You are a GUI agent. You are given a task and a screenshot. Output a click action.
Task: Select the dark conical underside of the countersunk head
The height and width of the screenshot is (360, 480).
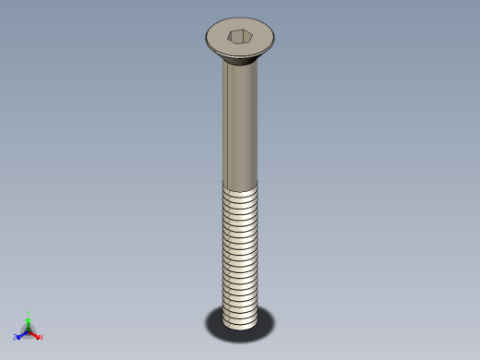pyautogui.click(x=240, y=62)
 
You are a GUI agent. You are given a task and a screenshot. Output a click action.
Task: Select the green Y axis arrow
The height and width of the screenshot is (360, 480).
pyautogui.click(x=29, y=319)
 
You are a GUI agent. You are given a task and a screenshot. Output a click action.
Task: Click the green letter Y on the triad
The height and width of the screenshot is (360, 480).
pyautogui.click(x=29, y=313)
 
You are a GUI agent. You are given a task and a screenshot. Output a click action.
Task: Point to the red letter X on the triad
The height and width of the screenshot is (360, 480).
pyautogui.click(x=41, y=337)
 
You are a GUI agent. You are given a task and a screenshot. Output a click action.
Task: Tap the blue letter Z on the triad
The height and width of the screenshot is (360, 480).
pyautogui.click(x=16, y=337)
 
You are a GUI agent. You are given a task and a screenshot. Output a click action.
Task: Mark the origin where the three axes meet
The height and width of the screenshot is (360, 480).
pyautogui.click(x=29, y=330)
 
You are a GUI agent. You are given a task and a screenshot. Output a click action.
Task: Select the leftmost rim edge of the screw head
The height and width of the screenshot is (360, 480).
pyautogui.click(x=206, y=39)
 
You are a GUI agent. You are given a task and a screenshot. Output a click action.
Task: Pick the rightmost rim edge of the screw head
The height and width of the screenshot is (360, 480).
pyautogui.click(x=274, y=39)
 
